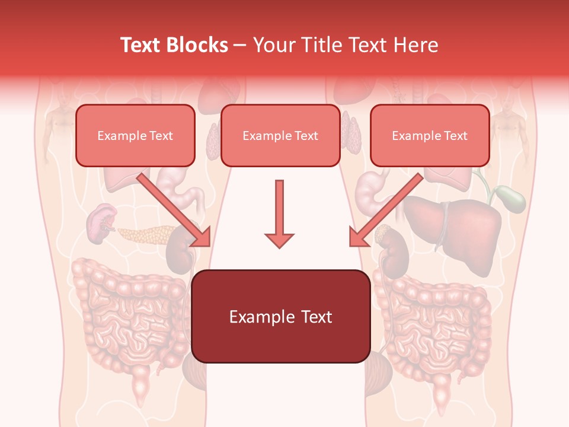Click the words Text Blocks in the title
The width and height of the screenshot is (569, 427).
(174, 45)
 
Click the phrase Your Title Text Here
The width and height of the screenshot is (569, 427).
(346, 45)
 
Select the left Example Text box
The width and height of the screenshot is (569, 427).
(135, 136)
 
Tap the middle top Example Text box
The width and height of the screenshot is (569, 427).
(280, 136)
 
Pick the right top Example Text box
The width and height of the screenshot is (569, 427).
(430, 136)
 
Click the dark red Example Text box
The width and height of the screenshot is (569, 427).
(281, 317)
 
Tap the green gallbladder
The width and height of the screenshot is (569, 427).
(511, 198)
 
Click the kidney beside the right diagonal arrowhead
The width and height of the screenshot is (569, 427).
(392, 249)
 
